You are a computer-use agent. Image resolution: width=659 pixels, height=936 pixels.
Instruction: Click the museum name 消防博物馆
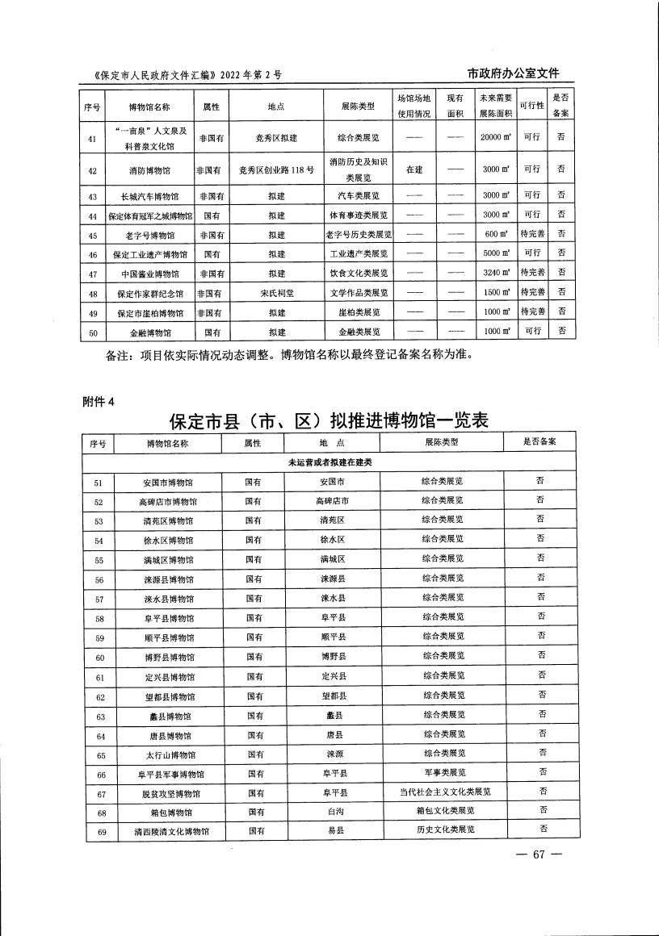[x=149, y=170]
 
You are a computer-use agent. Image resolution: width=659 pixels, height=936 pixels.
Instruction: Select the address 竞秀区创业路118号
[x=276, y=170]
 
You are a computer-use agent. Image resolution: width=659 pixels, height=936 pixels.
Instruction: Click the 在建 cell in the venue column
[x=414, y=170]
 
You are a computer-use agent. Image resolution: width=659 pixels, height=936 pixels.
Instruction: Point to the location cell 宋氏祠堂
[x=276, y=293]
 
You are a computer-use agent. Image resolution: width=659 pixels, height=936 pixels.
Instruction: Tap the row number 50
[x=93, y=332]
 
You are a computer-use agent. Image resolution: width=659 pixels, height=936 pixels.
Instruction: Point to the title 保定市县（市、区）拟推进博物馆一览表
[x=329, y=422]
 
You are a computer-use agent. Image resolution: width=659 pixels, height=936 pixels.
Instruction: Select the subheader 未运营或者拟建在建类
[x=330, y=462]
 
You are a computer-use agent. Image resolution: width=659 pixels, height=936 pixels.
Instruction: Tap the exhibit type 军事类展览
[x=443, y=774]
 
